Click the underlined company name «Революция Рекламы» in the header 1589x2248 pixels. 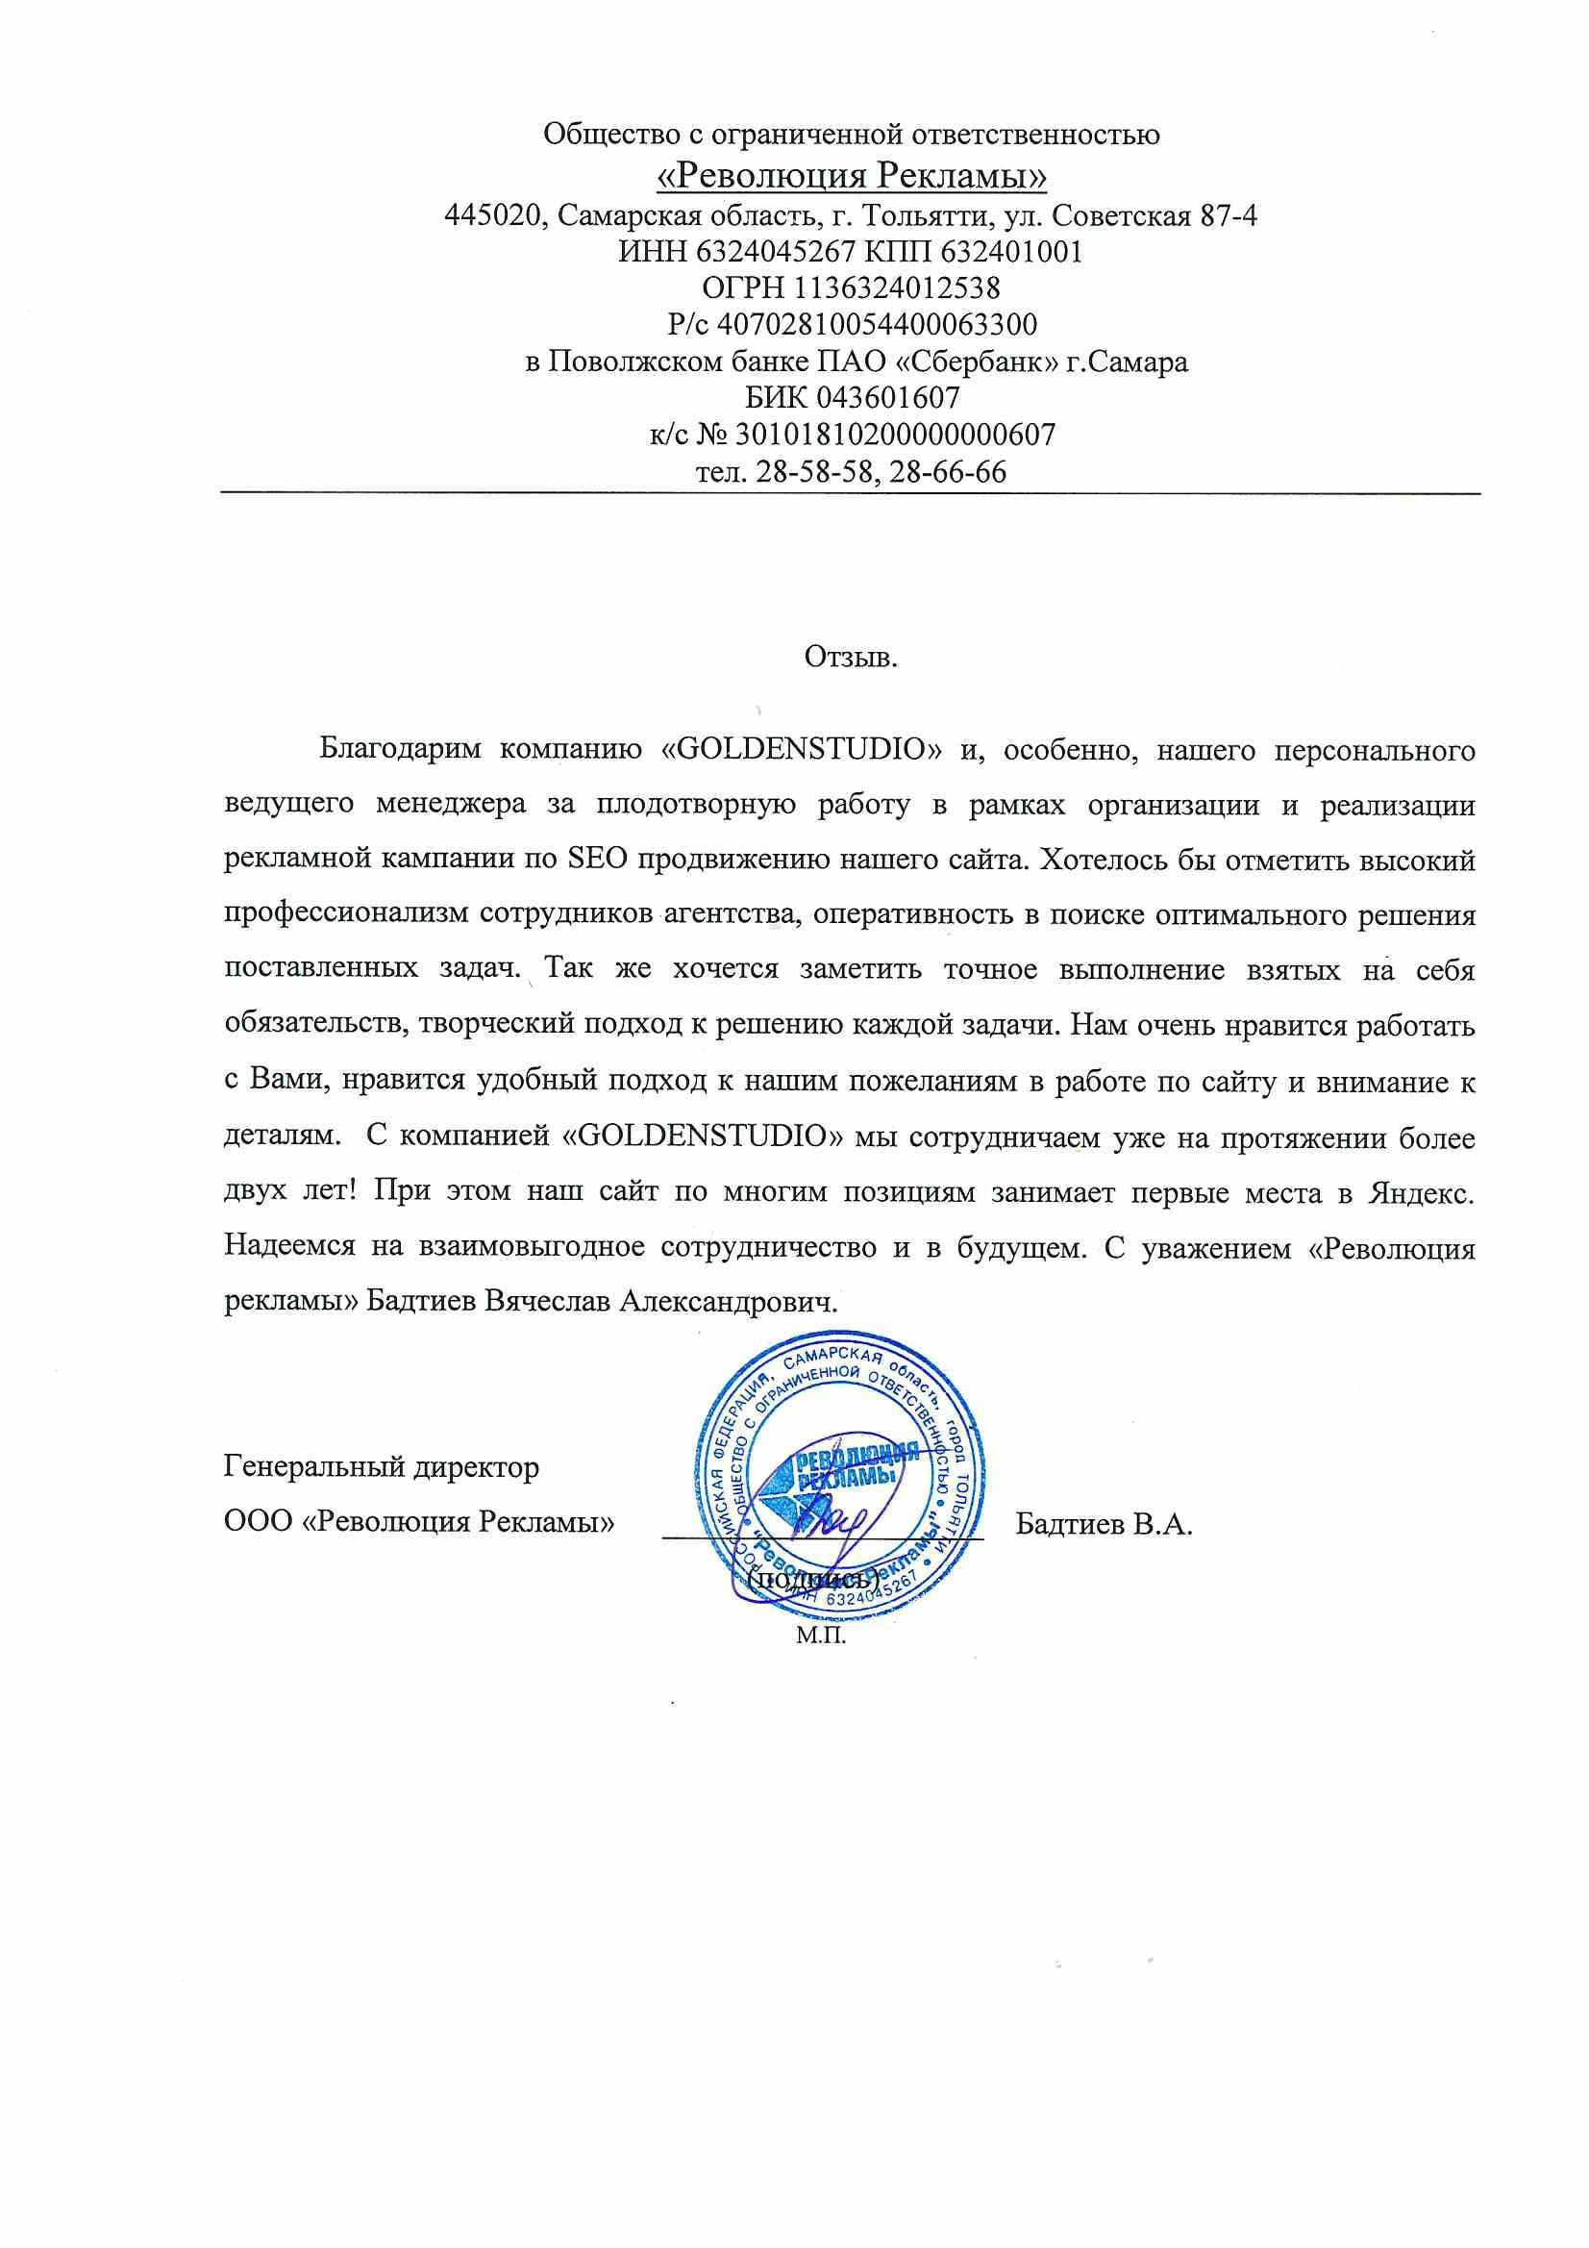point(850,176)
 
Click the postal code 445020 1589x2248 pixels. point(494,215)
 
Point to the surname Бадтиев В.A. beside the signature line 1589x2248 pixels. point(1104,1524)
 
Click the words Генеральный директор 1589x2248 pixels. point(382,1467)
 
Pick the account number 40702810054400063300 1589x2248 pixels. point(878,323)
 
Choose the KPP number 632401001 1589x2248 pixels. point(1011,253)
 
